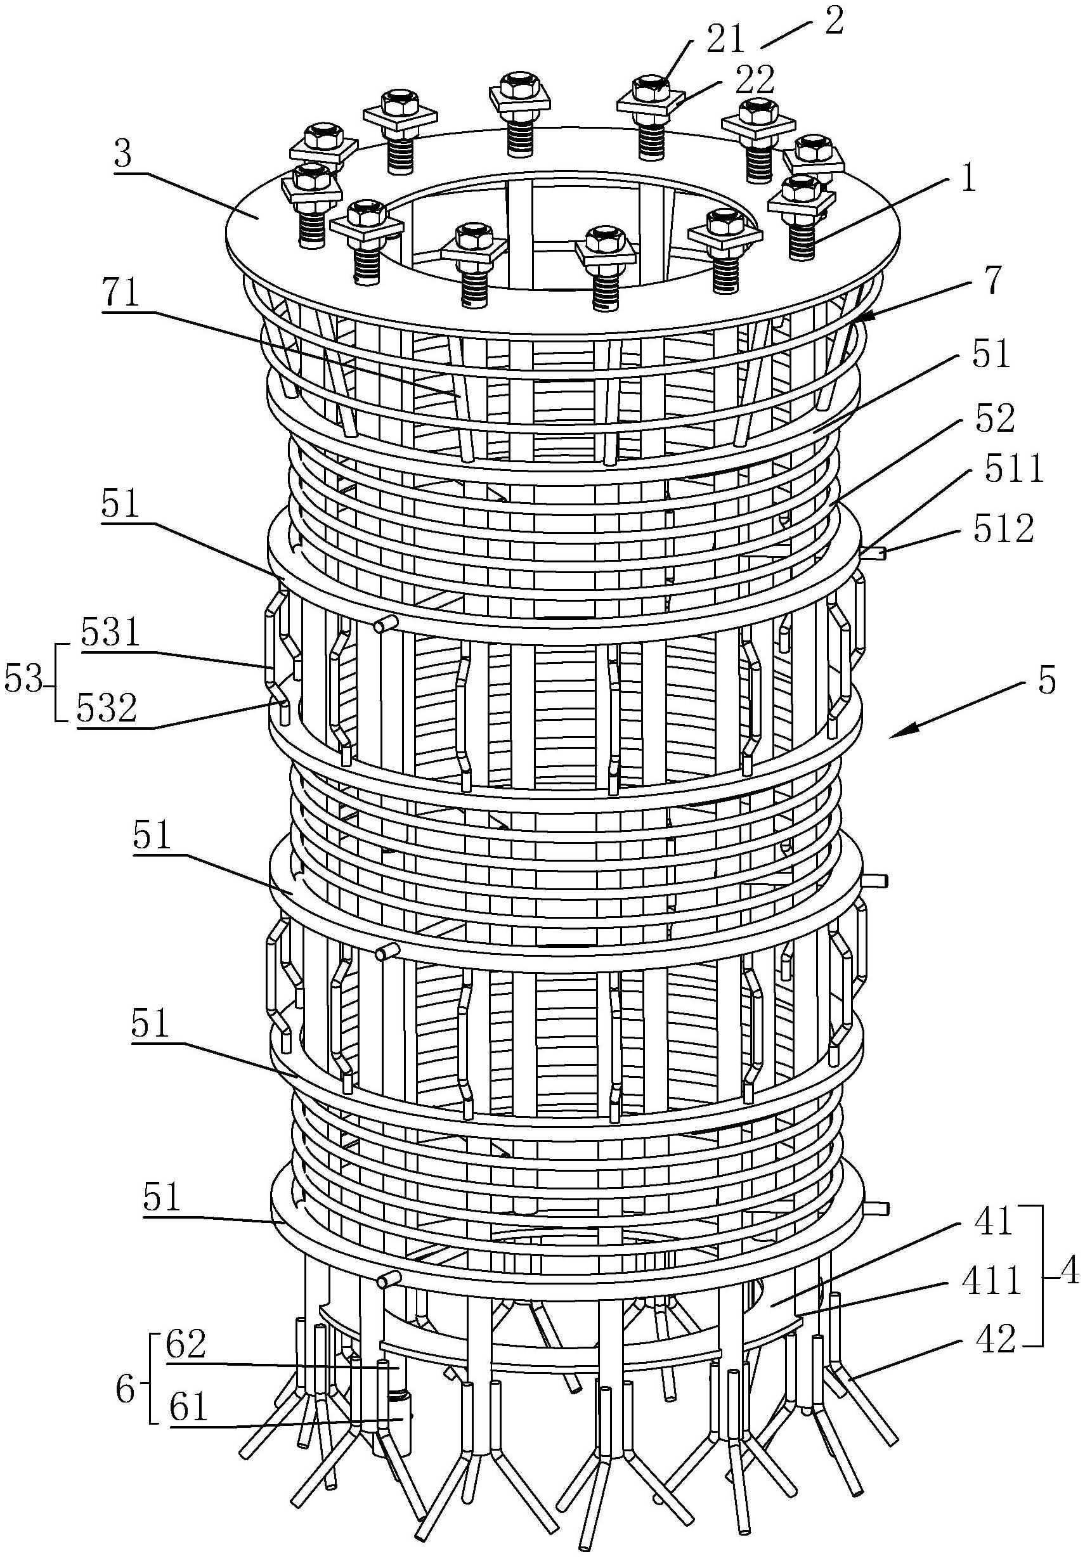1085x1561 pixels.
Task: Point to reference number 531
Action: (110, 633)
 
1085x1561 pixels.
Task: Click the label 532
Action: (107, 709)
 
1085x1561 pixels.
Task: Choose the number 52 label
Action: (993, 418)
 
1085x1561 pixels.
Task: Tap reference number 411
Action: (992, 1281)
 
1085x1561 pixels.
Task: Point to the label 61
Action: (188, 1407)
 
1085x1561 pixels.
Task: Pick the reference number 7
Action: (993, 280)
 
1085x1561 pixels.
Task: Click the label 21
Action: (725, 40)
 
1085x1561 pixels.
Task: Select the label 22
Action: (753, 80)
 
